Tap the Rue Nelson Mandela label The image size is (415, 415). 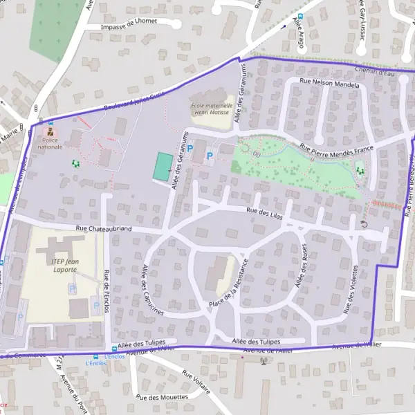click(x=329, y=84)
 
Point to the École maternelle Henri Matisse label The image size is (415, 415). click(x=209, y=109)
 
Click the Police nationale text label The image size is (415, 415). click(x=50, y=143)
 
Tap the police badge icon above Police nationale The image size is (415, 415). click(x=50, y=132)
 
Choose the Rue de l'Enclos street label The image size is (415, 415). click(x=106, y=290)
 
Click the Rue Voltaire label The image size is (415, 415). click(x=196, y=380)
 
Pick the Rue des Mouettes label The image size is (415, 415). click(x=162, y=397)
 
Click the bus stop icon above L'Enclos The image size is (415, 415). click(x=114, y=349)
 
